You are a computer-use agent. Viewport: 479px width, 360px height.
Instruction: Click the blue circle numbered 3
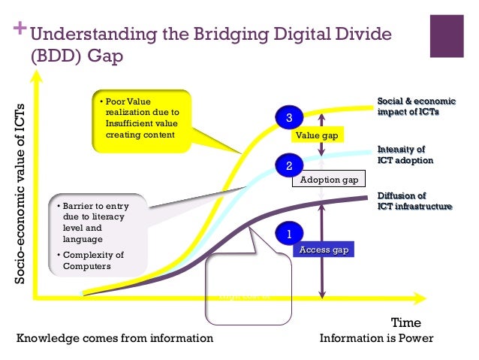pos(289,117)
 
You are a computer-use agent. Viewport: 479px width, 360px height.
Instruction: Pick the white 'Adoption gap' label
pos(328,180)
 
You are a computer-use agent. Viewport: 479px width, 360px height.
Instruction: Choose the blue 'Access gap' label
pos(323,250)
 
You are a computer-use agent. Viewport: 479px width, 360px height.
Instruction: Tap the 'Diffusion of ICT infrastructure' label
pos(414,201)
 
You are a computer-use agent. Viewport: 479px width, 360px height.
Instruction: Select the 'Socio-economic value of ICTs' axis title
pos(22,193)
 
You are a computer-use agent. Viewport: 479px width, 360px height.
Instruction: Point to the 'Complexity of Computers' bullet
pos(89,260)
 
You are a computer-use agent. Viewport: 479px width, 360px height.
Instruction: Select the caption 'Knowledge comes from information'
pos(115,338)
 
